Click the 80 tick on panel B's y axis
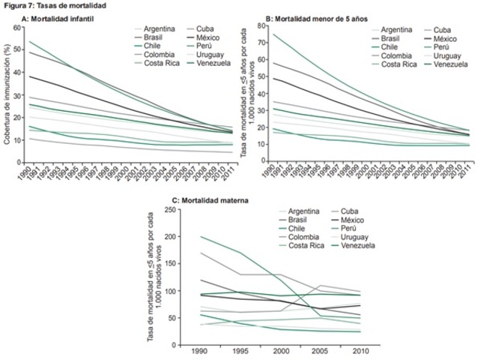[259, 26]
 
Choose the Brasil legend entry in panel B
[390, 37]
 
